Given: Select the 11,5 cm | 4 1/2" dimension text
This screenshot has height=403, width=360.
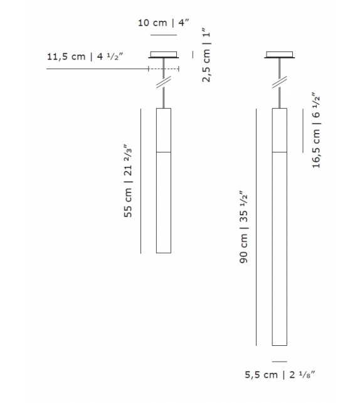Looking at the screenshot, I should pos(85,57).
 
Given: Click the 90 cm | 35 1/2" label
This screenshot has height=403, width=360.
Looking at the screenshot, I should pos(245,227).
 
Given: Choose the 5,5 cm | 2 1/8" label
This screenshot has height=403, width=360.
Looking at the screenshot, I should pos(279,376).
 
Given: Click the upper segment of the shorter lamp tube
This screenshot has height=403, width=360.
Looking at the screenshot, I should pos(163,130).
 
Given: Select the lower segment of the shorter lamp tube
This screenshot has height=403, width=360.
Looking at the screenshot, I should pos(163,202).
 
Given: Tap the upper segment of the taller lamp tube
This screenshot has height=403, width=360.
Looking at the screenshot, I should pos(280,130).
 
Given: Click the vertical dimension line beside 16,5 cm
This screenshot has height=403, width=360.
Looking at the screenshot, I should pos(303,129).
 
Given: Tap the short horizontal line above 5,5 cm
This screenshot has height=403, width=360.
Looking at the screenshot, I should pos(280,361).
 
